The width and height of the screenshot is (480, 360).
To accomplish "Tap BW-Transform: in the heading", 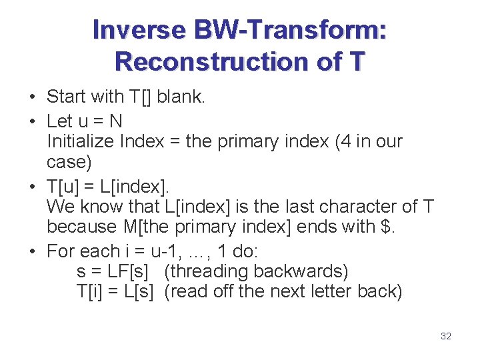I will pos(289,30).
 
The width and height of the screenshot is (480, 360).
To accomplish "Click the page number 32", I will pos(446,336).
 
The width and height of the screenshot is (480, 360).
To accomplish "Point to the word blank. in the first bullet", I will pos(181,97).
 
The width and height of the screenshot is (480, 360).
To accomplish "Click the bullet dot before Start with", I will pos(33,97).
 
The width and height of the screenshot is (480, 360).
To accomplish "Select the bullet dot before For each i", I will pos(33,252).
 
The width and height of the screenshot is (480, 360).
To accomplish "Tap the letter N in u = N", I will pos(116,121).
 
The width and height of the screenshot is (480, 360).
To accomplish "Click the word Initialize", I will pos(81,141).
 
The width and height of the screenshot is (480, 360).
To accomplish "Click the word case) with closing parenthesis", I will pos(69,162).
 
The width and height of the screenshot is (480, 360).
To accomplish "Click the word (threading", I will pos(205,272).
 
